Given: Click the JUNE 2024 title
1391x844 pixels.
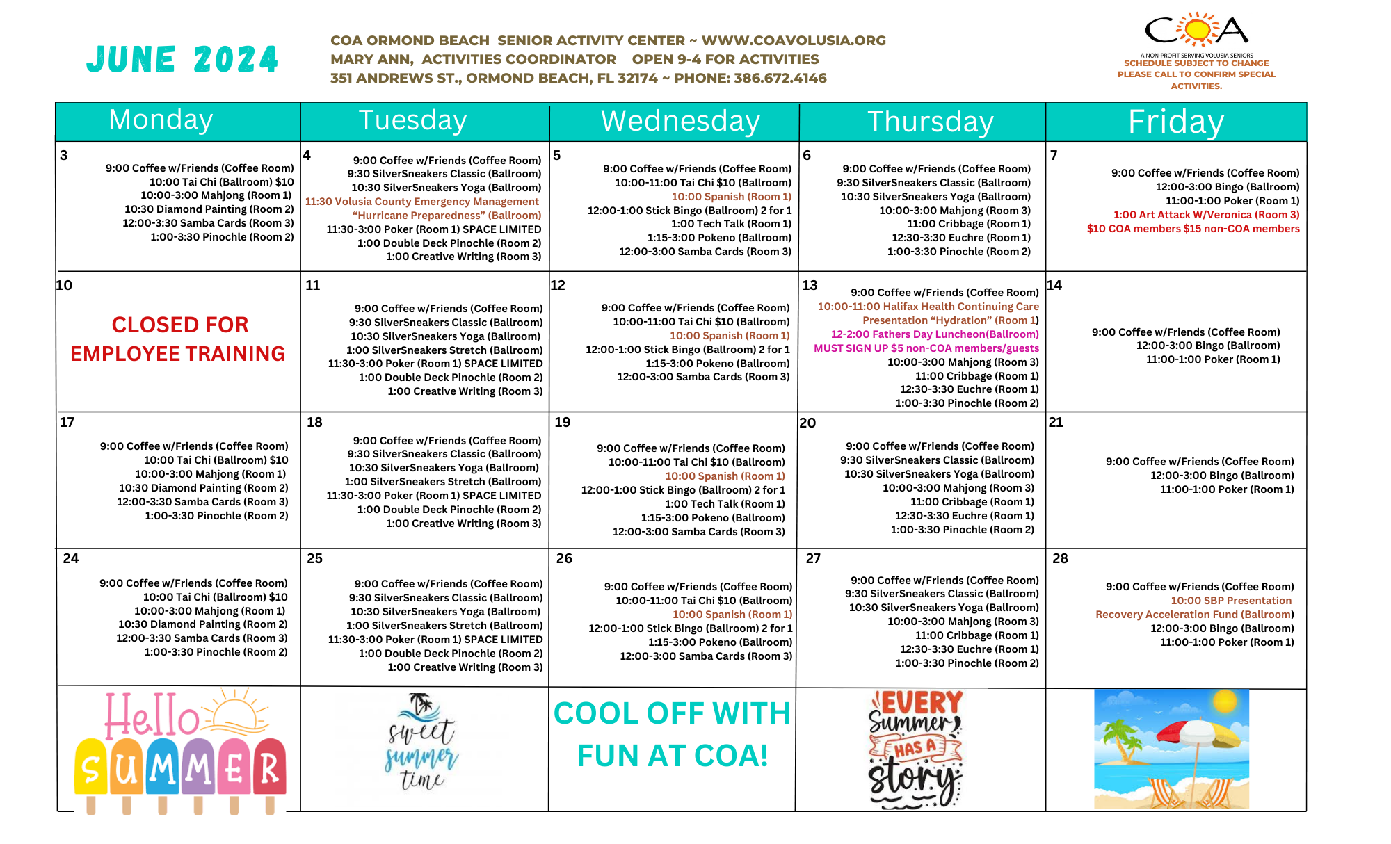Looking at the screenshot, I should click(182, 60).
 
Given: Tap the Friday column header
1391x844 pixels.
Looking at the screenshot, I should click(1175, 122).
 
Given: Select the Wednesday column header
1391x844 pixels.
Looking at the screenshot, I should click(680, 122).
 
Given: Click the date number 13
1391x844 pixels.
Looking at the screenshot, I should click(810, 285).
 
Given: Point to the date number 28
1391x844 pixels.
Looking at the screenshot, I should click(1060, 558).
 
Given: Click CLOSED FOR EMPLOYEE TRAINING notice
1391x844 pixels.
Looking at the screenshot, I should click(178, 339).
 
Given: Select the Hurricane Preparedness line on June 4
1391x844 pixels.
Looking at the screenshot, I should click(447, 216).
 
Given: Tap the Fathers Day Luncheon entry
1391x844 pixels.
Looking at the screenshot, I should click(934, 334).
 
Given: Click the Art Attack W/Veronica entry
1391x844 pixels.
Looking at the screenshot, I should click(1206, 215).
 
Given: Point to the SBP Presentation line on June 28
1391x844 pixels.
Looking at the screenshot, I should click(1230, 601).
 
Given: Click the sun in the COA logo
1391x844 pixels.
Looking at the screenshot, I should click(1198, 30).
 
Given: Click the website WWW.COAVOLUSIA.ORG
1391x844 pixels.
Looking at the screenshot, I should click(794, 41).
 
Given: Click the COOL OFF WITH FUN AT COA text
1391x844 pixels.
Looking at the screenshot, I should click(672, 734).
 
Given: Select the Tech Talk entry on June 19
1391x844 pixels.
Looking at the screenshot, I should click(725, 504).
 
